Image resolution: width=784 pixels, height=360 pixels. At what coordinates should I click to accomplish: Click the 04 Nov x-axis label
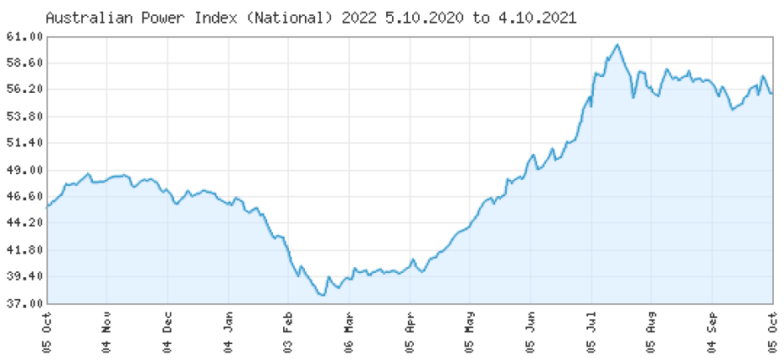coord(107,332)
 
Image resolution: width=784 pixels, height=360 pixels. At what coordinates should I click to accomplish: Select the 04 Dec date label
coord(168,332)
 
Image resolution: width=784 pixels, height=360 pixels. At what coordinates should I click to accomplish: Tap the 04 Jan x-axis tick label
coord(229,332)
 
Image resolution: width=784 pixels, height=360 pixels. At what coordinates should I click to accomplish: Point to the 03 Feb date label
coord(288,332)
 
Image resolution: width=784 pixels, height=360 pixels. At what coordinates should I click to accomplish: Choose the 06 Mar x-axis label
coord(349,332)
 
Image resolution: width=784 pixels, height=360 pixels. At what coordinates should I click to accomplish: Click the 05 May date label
coord(470,332)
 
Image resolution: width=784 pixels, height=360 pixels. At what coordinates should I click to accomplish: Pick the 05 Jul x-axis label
coord(591,332)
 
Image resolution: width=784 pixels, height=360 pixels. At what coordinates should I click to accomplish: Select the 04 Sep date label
coord(712,332)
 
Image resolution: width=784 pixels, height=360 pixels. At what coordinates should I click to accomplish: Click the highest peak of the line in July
coord(617,44)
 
